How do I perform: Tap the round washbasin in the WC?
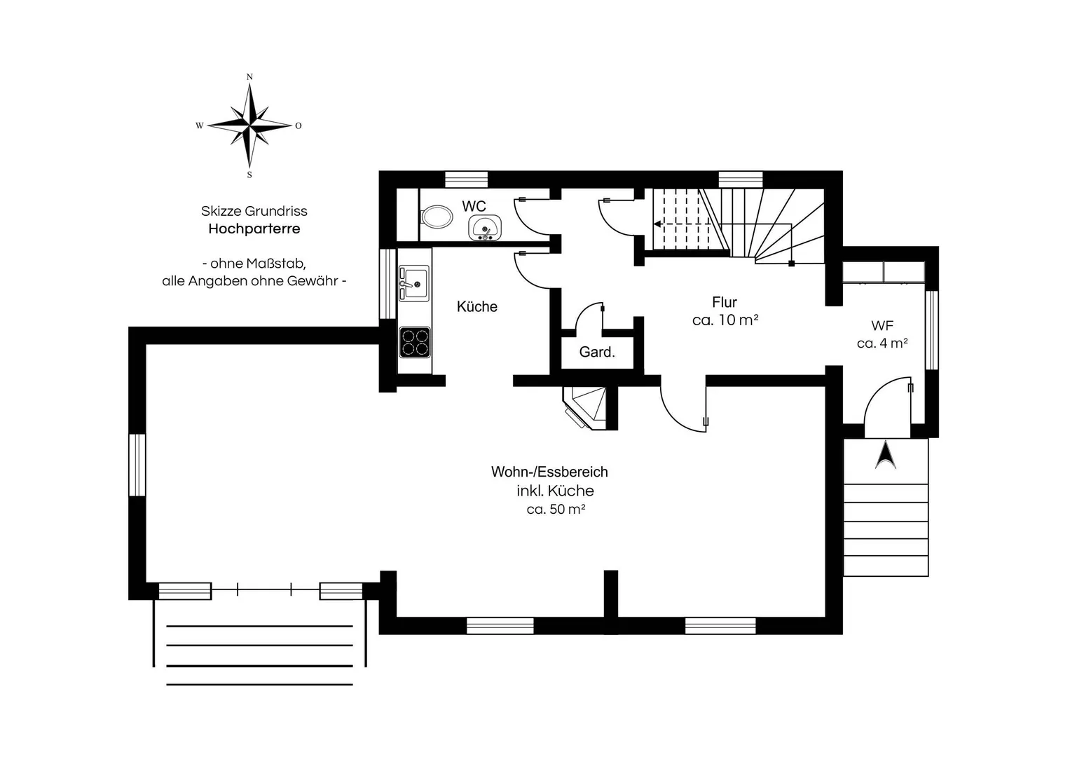(x=485, y=228)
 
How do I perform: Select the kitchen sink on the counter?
(x=414, y=283)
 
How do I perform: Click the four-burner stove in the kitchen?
(x=415, y=342)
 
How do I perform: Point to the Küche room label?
(x=476, y=306)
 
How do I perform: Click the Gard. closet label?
(x=596, y=352)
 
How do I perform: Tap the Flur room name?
(x=724, y=302)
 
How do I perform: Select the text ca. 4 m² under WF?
(x=882, y=343)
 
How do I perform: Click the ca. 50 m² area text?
(x=556, y=509)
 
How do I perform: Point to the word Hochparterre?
(x=254, y=229)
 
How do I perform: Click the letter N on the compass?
(x=249, y=77)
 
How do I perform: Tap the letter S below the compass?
(x=249, y=175)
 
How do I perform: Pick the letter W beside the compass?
(x=200, y=125)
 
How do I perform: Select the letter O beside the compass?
(x=298, y=125)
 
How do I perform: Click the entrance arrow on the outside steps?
(x=885, y=454)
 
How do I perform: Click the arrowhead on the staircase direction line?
(x=657, y=224)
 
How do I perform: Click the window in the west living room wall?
(x=137, y=465)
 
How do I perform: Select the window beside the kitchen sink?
(x=387, y=283)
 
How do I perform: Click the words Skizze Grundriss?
(x=254, y=211)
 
